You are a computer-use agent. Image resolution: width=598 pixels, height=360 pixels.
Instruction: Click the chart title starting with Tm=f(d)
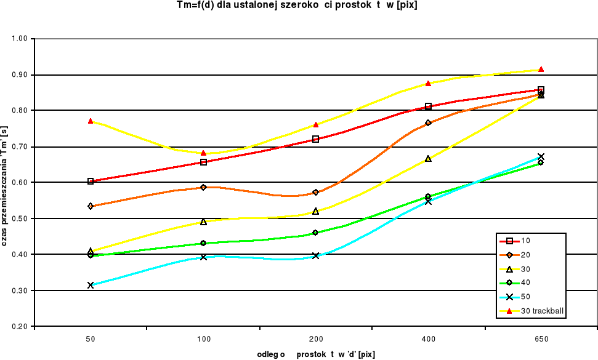coord(297,6)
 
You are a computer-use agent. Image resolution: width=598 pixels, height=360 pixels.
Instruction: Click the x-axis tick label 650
coord(541,339)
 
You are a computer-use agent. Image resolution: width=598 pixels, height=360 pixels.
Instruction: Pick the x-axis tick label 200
coord(316,339)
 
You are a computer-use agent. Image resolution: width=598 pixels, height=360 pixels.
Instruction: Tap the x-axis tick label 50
coord(91,339)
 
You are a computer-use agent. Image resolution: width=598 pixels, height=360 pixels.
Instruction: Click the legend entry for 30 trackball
coord(542,311)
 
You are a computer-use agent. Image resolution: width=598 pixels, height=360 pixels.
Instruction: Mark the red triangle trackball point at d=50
coord(91,121)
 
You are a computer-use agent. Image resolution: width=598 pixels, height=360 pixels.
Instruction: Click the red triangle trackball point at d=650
coord(541,70)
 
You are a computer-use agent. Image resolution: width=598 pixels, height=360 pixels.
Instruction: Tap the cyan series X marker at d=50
coord(91,285)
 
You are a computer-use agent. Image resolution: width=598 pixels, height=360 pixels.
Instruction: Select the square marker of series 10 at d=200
coord(316,139)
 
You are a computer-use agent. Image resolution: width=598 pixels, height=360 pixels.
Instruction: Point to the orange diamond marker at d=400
coord(428,123)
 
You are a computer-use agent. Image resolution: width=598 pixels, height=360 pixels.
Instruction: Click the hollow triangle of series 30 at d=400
coord(428,159)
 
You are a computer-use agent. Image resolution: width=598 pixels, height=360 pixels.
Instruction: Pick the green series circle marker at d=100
coord(203,243)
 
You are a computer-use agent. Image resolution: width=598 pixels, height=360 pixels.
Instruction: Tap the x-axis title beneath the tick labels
coord(316,354)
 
